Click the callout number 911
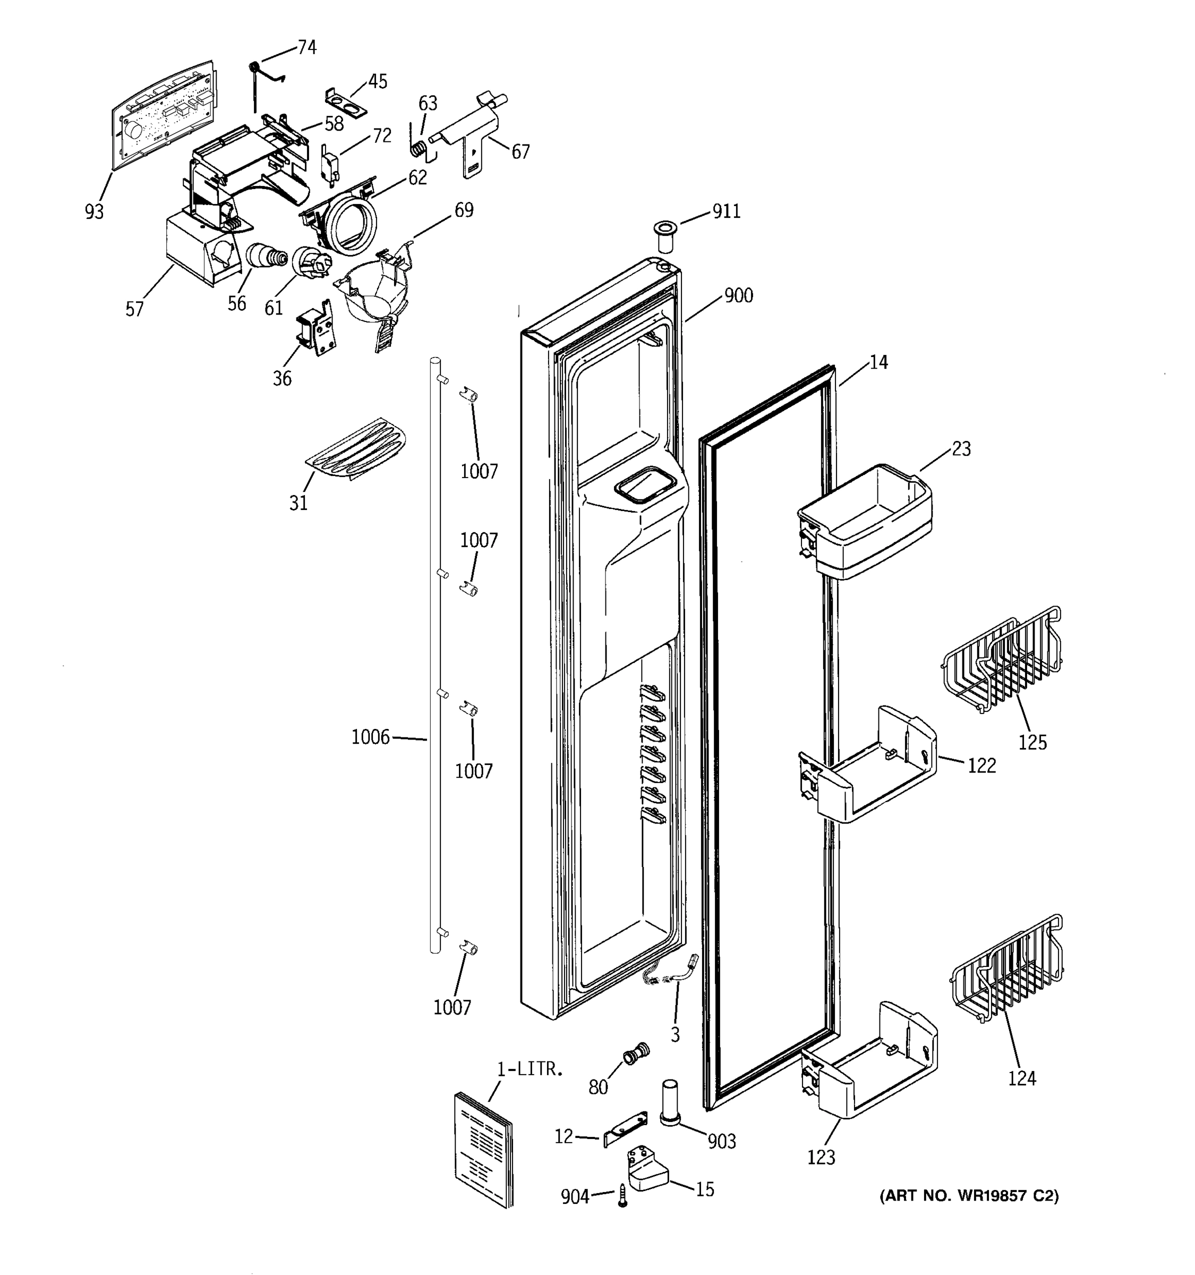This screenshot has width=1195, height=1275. click(x=727, y=211)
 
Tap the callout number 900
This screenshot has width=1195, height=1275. click(x=739, y=296)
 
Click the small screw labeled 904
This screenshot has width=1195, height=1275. click(x=622, y=1196)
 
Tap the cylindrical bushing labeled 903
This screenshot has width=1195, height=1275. click(x=669, y=1102)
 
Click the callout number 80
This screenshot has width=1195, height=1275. click(x=597, y=1087)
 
